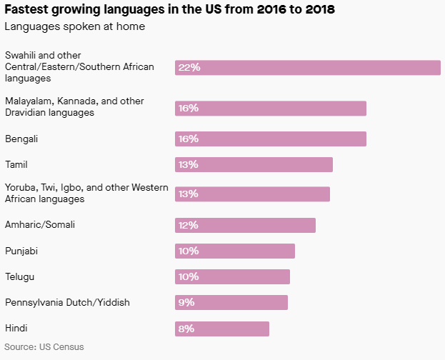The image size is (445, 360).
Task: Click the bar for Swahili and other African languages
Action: [x=307, y=67]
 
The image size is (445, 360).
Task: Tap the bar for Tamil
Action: [x=254, y=165]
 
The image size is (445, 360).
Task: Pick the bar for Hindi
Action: [x=221, y=329]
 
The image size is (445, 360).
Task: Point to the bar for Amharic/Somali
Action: [x=245, y=225]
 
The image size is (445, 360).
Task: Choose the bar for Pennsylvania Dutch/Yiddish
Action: [x=231, y=302]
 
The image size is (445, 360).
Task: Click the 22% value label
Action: [x=189, y=67]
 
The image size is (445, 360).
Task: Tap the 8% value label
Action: [x=186, y=329]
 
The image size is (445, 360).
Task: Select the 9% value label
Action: [x=186, y=302]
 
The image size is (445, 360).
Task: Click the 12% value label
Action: [x=189, y=225]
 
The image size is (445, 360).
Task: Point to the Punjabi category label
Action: [x=22, y=251]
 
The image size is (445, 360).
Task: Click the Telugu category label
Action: [x=20, y=276]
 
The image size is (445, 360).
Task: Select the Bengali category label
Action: [x=21, y=139]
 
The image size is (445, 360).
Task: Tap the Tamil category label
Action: [x=16, y=164]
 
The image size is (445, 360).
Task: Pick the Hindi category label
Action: [x=16, y=328]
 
